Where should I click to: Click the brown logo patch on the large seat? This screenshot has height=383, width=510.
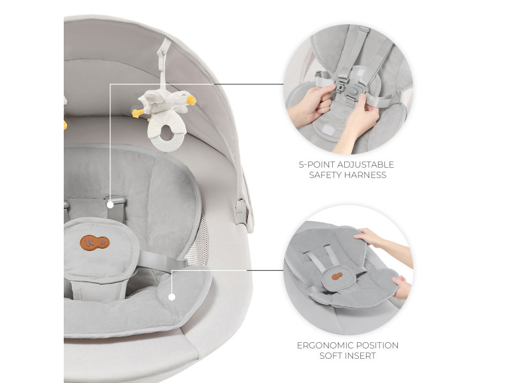pyautogui.click(x=94, y=243)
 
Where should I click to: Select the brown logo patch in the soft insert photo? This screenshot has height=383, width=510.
pyautogui.click(x=337, y=276)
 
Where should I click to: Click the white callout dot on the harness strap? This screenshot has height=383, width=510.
pyautogui.click(x=110, y=205)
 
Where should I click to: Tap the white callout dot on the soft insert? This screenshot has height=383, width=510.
pyautogui.click(x=171, y=297)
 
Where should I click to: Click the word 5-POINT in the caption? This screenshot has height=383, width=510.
pyautogui.click(x=316, y=165)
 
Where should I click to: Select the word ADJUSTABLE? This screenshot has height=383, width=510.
pyautogui.click(x=365, y=165)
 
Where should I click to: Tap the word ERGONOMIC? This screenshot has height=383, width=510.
pyautogui.click(x=325, y=345)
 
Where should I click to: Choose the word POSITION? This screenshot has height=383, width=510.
pyautogui.click(x=377, y=345)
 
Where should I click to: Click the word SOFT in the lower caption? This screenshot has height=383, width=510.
pyautogui.click(x=330, y=356)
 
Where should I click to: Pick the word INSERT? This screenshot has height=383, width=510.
pyautogui.click(x=360, y=356)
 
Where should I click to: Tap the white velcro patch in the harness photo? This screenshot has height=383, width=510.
pyautogui.click(x=329, y=130)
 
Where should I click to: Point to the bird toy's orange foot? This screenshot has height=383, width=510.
pyautogui.click(x=138, y=113)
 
